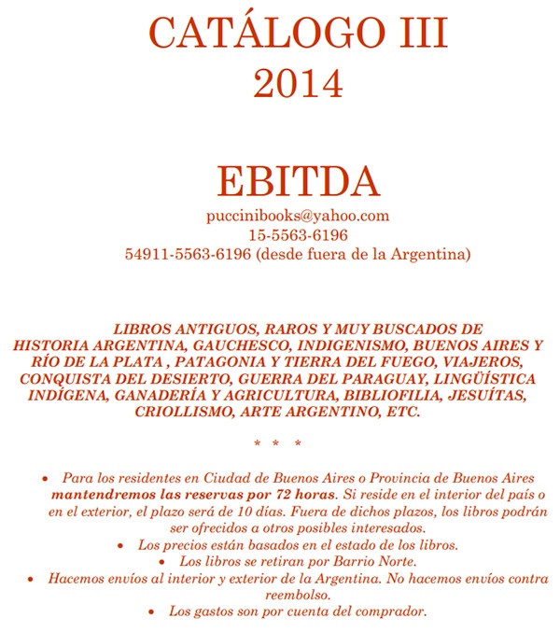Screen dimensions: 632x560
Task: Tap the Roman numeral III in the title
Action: click(411, 35)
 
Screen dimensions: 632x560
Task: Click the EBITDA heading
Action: click(298, 181)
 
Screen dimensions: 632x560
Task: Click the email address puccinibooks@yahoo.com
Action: click(298, 216)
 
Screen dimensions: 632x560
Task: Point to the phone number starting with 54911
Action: click(187, 254)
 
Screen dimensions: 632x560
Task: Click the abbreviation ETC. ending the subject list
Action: click(404, 412)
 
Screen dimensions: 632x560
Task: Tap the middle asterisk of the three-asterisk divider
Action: click(277, 443)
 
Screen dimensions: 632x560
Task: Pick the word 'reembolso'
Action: click(298, 596)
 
